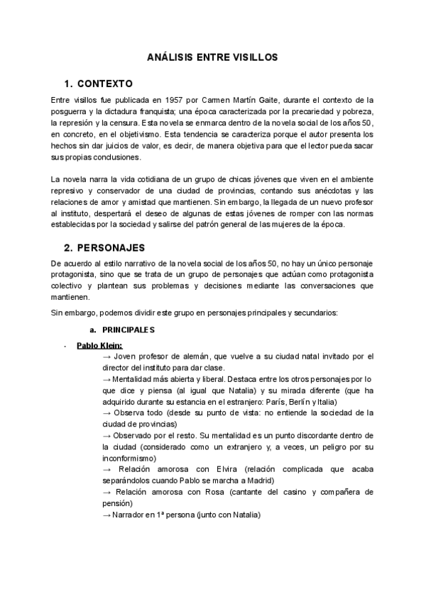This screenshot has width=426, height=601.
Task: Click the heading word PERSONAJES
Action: (x=111, y=247)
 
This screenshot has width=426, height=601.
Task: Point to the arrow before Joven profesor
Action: (x=108, y=356)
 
